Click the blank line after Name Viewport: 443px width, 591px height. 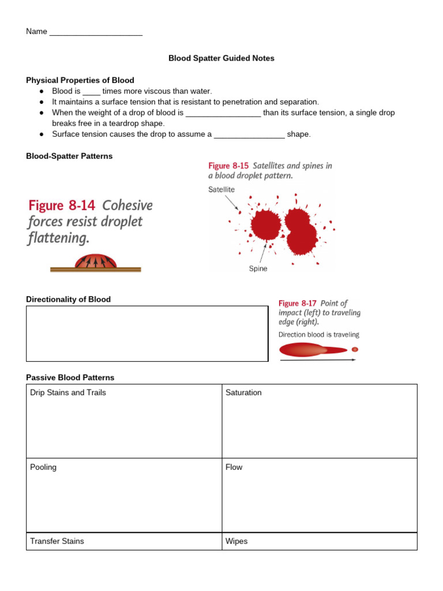point(96,32)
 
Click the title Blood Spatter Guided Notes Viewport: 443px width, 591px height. point(221,58)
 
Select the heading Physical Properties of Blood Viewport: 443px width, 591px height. point(80,80)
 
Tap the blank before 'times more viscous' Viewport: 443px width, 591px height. point(92,92)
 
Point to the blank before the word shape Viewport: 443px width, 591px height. point(249,134)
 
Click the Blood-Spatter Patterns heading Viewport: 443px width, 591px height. point(69,156)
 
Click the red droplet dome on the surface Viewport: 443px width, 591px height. point(96,262)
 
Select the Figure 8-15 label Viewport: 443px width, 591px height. point(228,166)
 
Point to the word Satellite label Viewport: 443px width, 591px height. point(221,189)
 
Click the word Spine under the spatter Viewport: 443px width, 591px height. point(258,268)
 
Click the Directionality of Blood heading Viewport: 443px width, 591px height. point(68,299)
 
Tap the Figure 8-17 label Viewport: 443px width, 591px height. point(296,303)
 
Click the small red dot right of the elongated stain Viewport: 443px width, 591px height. point(355,349)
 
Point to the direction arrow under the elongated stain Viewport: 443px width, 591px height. point(317,360)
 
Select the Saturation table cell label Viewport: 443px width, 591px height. point(243,392)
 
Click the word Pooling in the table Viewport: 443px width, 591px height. point(43,467)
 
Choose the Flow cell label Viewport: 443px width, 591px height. point(234,467)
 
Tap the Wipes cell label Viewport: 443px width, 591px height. point(236,541)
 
